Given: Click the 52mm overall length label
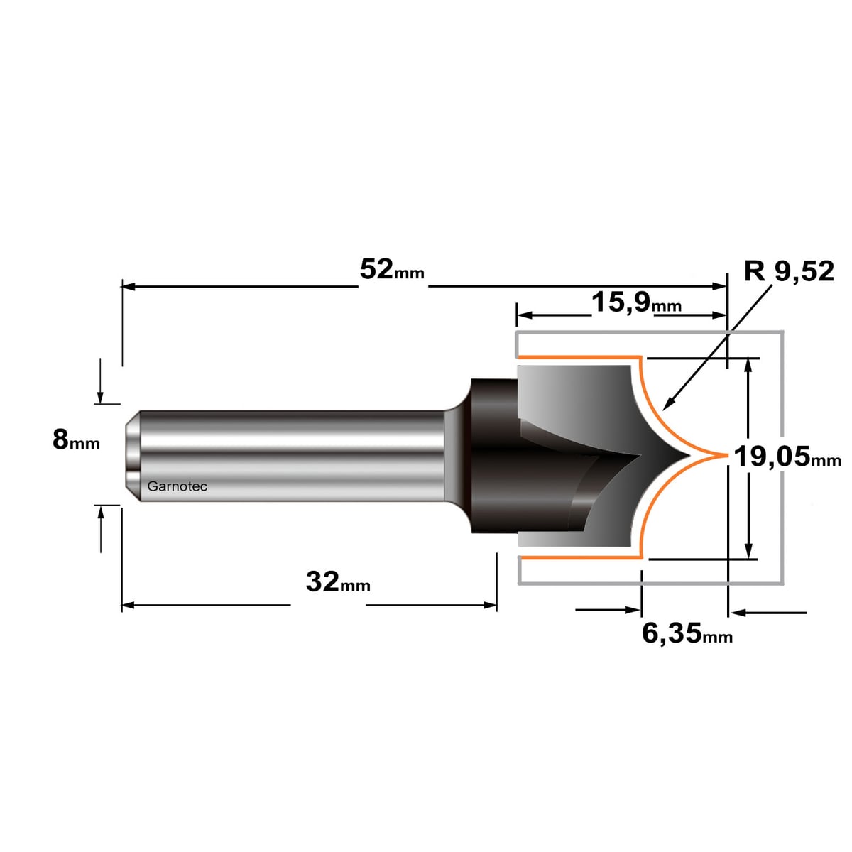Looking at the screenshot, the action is click(392, 270).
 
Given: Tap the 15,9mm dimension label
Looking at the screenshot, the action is click(636, 303).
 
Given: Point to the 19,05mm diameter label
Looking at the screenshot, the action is click(787, 457).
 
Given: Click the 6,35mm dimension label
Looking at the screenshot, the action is click(687, 633).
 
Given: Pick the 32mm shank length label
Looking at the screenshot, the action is click(338, 581).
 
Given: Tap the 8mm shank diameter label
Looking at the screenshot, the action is click(76, 440).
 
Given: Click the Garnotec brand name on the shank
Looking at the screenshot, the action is click(177, 486).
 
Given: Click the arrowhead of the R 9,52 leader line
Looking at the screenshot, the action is click(667, 403).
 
